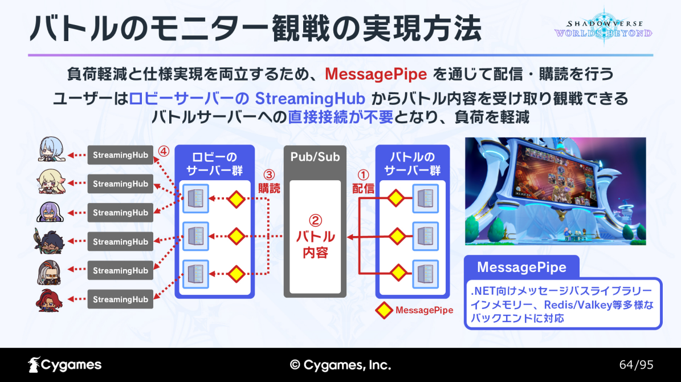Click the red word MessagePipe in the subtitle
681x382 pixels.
[376, 74]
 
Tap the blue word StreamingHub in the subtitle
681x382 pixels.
[309, 99]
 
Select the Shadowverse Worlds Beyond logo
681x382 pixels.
[603, 27]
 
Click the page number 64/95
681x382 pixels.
[636, 365]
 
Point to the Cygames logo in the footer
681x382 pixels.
[65, 365]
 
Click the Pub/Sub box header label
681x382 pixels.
[315, 157]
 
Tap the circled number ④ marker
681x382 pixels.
[164, 151]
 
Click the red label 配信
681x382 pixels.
[363, 188]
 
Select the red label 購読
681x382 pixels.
[270, 188]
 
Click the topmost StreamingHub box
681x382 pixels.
[120, 155]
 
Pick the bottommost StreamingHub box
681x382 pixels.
[120, 299]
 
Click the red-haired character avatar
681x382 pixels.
[49, 300]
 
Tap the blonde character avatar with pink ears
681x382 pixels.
[51, 182]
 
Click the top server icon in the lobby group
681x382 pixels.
[195, 198]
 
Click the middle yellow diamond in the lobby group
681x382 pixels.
[236, 237]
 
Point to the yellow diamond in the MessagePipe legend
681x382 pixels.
[384, 310]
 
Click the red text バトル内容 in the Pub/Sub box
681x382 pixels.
[315, 244]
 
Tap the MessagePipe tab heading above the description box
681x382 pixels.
[521, 267]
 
